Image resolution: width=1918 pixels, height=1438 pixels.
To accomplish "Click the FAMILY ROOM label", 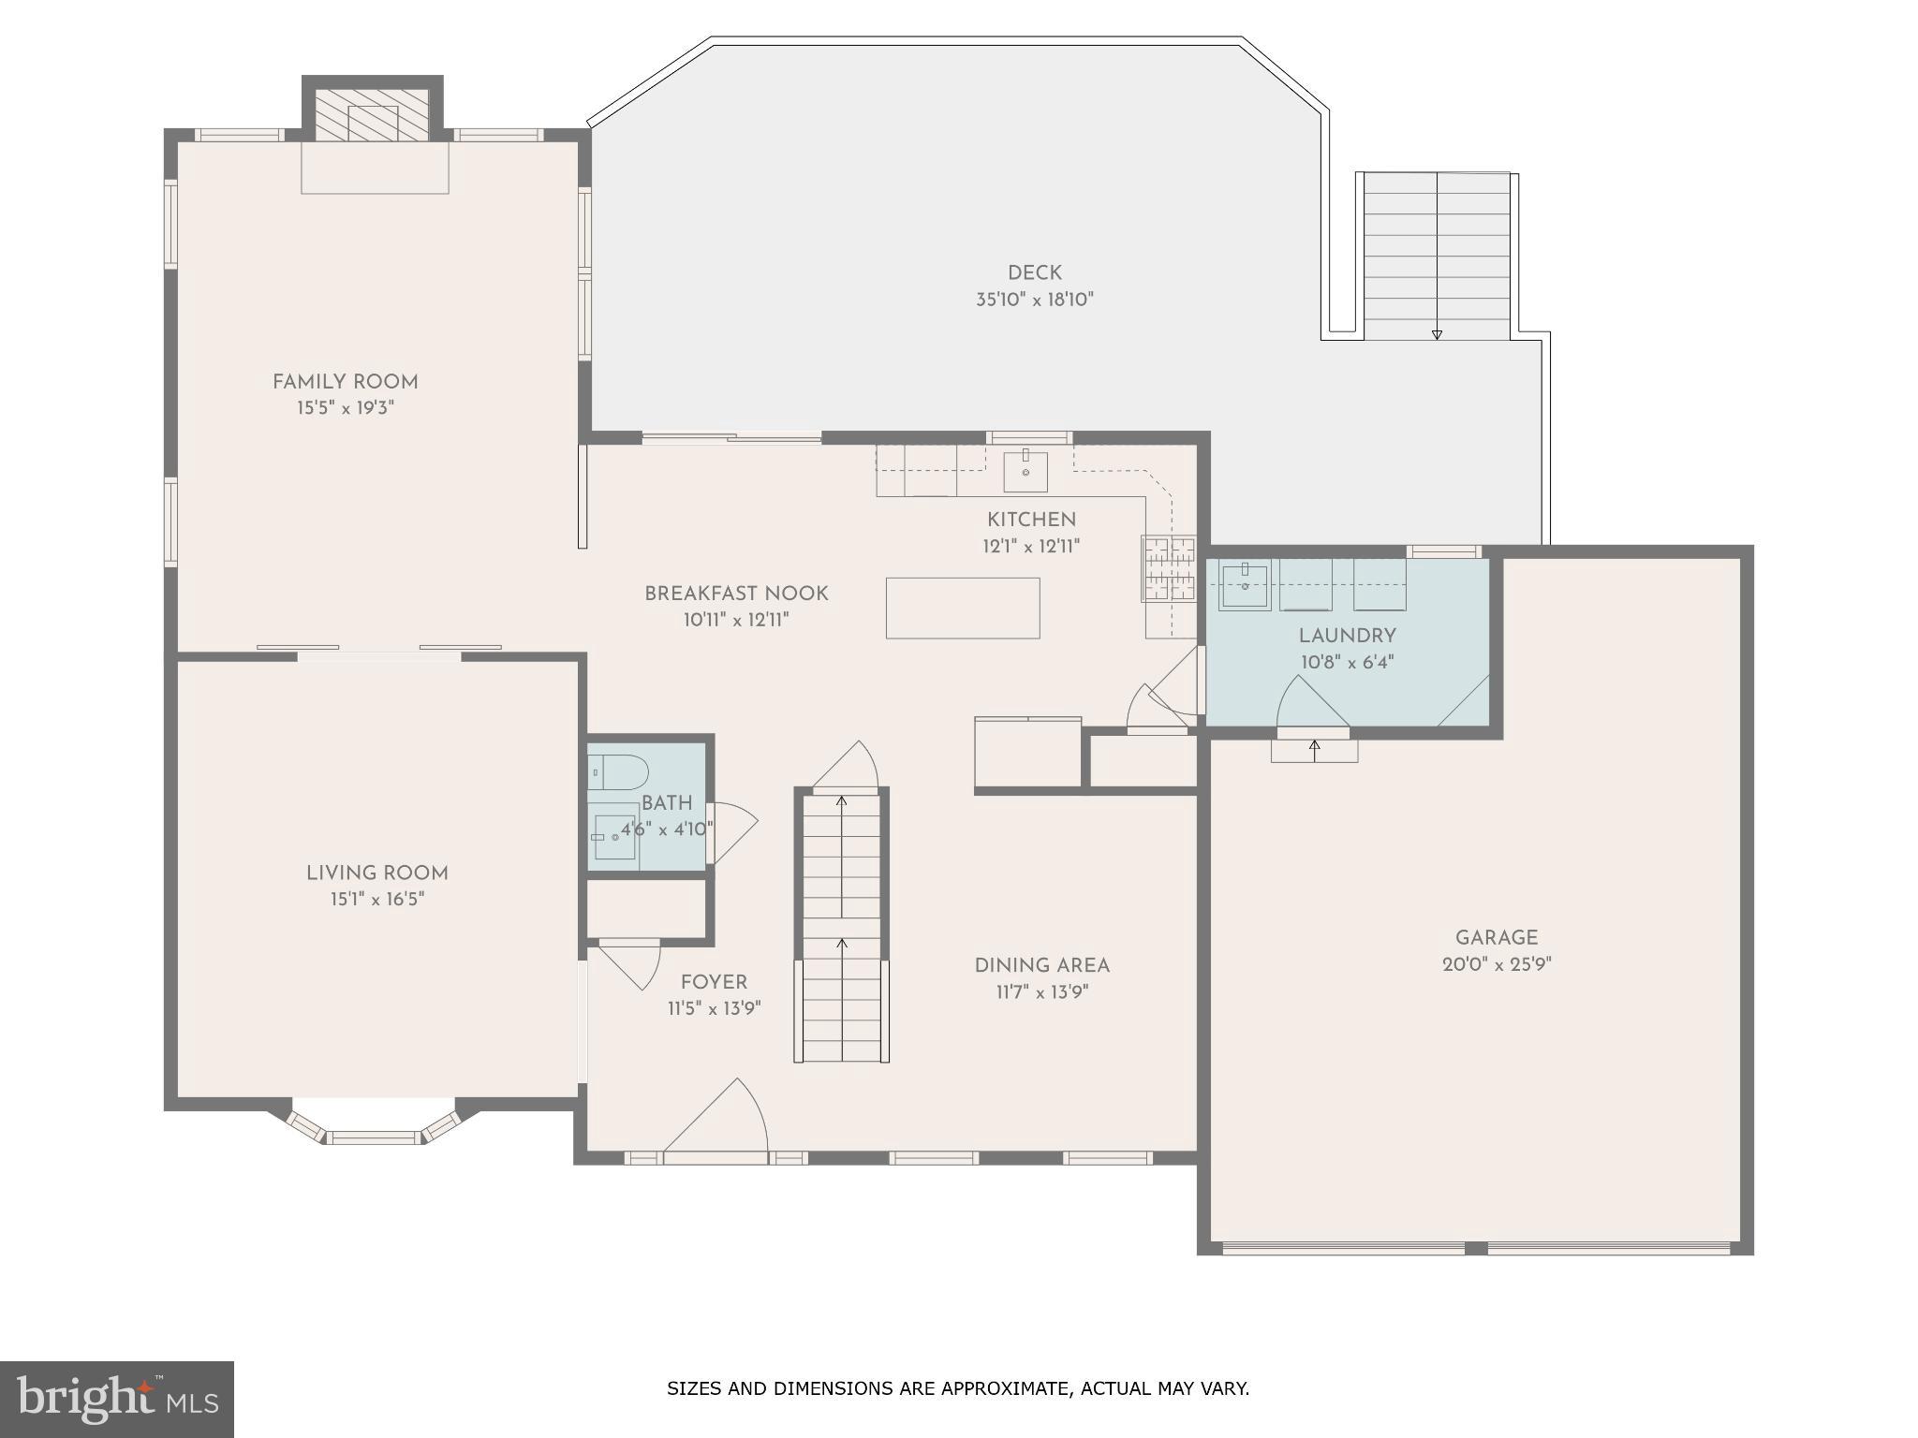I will (x=345, y=382).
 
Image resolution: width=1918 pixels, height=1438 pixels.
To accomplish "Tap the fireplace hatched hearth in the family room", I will (x=372, y=116).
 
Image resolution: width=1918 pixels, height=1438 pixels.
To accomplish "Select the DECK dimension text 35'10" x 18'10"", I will (x=1034, y=301).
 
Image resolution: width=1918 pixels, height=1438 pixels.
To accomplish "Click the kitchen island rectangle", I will (x=963, y=609).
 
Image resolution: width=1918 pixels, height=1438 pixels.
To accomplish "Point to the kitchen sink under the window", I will (x=1025, y=471).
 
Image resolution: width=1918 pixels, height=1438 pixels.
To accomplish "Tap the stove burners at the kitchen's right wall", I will (x=1168, y=568).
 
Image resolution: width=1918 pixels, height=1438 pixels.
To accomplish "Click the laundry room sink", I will (x=1245, y=585).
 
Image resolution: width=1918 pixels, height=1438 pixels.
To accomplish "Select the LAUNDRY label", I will (x=1347, y=637).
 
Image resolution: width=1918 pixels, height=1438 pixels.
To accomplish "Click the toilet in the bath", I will (x=619, y=772).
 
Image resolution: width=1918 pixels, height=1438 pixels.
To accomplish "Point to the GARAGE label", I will (x=1496, y=938).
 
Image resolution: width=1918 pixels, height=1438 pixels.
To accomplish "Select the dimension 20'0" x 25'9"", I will (x=1496, y=965).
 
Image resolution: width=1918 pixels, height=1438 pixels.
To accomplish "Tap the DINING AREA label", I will (x=1041, y=966).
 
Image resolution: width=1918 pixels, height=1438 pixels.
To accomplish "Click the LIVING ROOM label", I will (x=376, y=873).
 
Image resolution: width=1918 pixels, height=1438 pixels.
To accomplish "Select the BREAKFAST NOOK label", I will (x=736, y=594).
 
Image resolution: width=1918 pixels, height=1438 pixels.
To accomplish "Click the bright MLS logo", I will (x=116, y=1399).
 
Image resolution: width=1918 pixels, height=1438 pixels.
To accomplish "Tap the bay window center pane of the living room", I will (x=374, y=1137).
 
